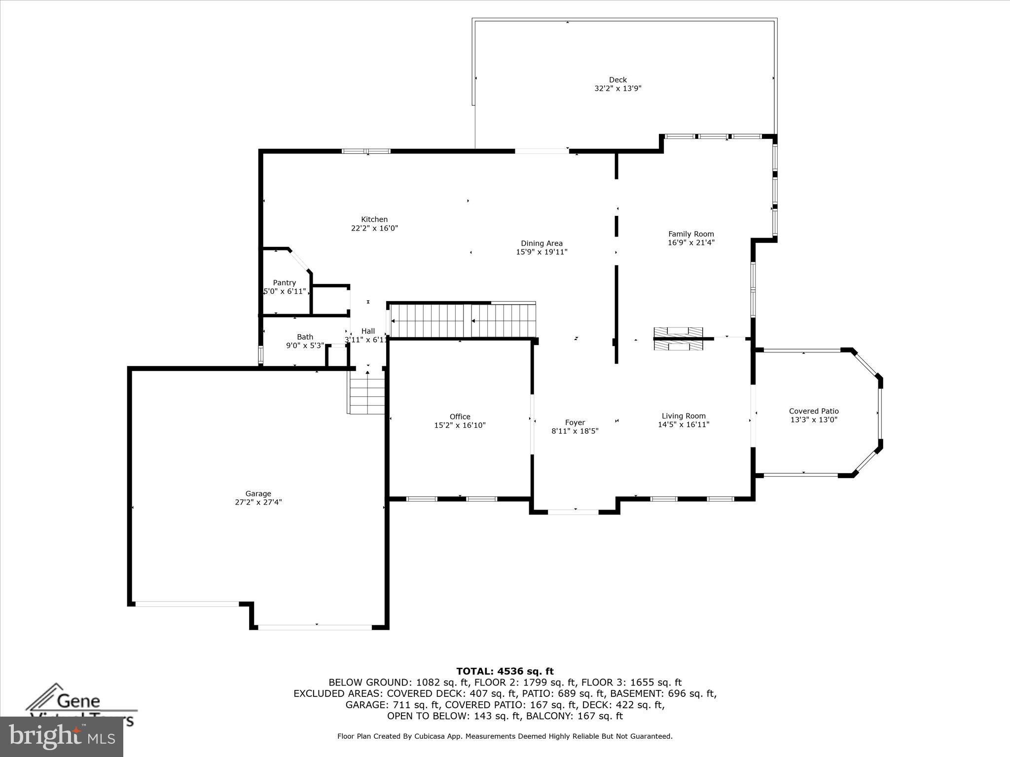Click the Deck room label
click(x=617, y=80)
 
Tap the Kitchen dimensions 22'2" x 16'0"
click(x=374, y=228)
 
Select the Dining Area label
click(x=541, y=243)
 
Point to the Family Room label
click(x=691, y=234)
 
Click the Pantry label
click(x=285, y=283)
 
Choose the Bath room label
click(x=305, y=337)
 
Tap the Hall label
click(x=368, y=331)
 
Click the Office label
click(x=460, y=417)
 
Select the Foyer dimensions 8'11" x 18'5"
click(x=575, y=431)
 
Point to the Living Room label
click(x=684, y=416)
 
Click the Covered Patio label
click(x=814, y=411)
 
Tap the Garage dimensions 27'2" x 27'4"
click(x=258, y=502)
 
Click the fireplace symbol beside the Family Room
click(x=678, y=339)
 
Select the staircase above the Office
click(x=463, y=321)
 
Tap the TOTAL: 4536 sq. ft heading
click(x=505, y=671)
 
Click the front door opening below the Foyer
click(x=574, y=513)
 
